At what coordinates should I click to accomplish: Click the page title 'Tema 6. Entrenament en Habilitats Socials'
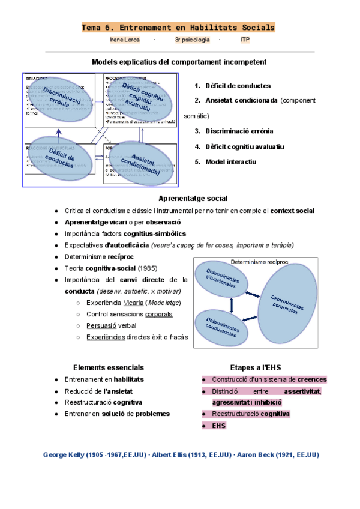[x=178, y=28]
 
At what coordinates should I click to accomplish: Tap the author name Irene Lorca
[x=124, y=40]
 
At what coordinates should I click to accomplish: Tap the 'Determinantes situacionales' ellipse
[x=221, y=279]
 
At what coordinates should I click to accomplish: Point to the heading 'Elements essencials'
[x=108, y=367]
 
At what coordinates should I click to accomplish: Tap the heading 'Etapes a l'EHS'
[x=255, y=367]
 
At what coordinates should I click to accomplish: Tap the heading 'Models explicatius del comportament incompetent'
[x=179, y=62]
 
